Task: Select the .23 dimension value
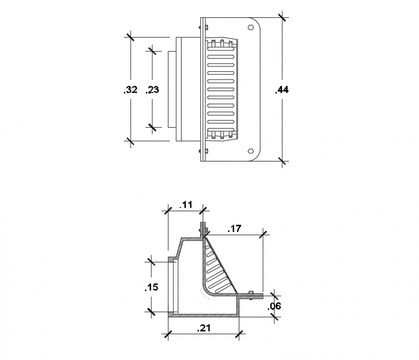coord(152,90)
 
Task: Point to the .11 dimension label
coord(185,204)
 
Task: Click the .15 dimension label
coord(151,287)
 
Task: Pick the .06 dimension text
coord(274,306)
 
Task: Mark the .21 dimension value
coord(205,328)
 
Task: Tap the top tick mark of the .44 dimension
coord(282,18)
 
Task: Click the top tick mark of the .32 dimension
coord(130,37)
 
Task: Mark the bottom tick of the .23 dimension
coord(153,127)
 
